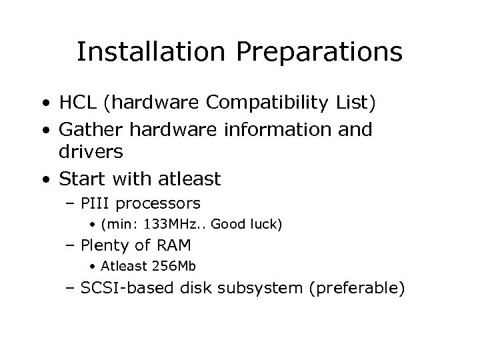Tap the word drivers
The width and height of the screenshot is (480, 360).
[90, 151]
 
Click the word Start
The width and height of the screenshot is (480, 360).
[80, 179]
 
